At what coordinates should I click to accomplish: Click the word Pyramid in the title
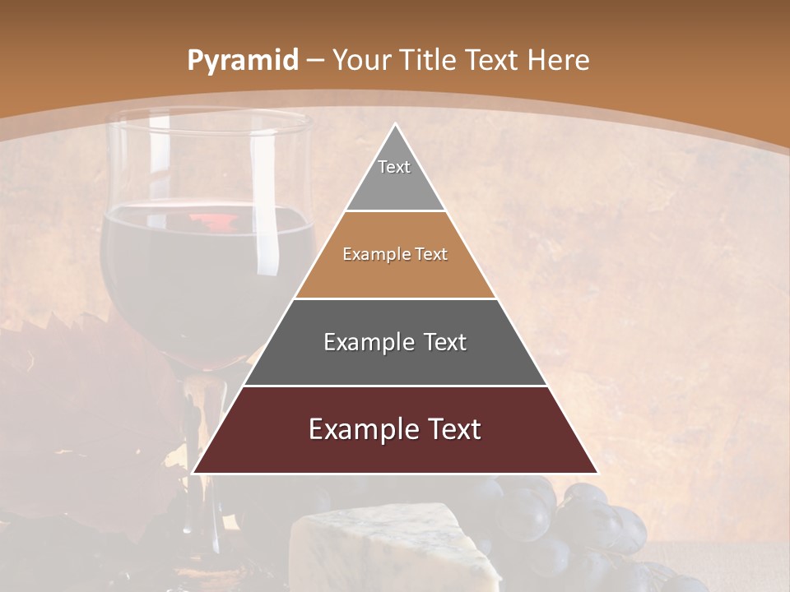(x=242, y=61)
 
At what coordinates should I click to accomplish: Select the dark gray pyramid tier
(x=395, y=362)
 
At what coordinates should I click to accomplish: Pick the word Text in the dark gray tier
(x=445, y=342)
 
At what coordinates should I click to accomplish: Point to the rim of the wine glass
(x=206, y=121)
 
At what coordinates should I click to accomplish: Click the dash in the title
(x=315, y=61)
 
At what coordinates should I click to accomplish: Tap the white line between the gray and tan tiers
(x=395, y=211)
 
